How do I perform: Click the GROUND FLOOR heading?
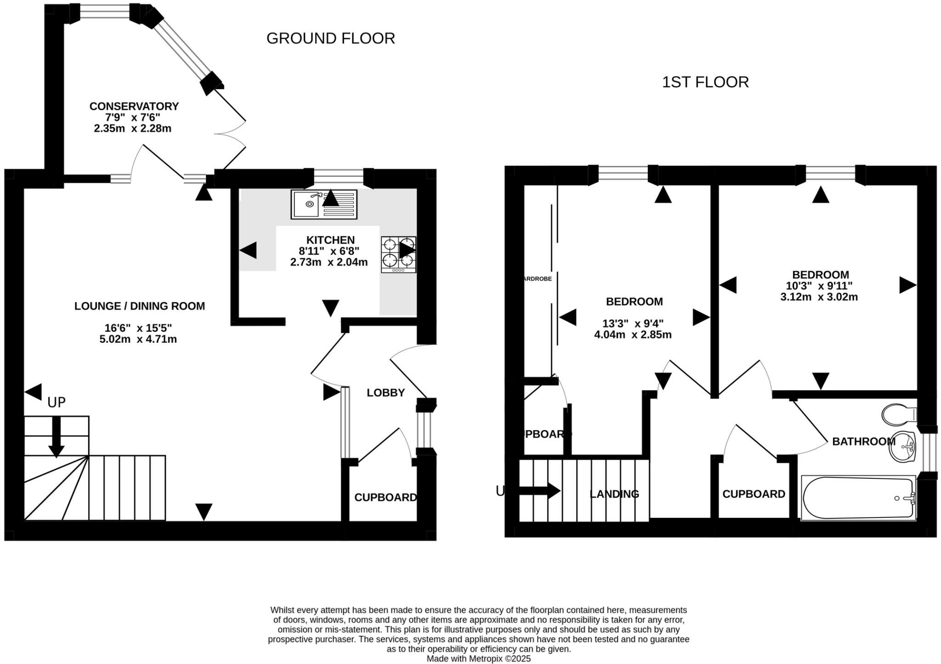pos(330,38)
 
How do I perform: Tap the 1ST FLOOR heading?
pos(705,82)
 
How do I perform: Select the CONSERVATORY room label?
pos(134,106)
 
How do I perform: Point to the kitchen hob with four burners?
pos(398,255)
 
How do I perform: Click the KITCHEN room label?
pos(330,240)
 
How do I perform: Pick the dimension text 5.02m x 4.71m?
pos(138,340)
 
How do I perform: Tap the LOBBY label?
pos(385,392)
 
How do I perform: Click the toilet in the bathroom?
pos(899,414)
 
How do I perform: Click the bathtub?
pos(858,498)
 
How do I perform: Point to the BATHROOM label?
pos(863,442)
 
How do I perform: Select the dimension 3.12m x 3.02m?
pos(819,297)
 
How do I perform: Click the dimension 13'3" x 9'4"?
pos(633,323)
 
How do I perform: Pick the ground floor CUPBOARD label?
pos(385,497)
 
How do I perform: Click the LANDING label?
pos(614,494)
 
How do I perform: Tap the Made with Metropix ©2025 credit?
pos(478,658)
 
